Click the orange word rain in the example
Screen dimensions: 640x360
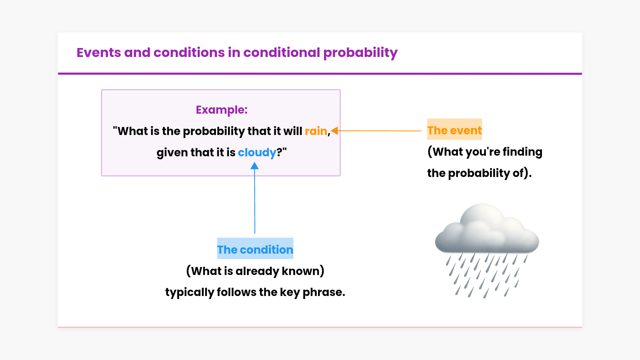click(x=316, y=131)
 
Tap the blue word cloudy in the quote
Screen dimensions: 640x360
click(x=257, y=152)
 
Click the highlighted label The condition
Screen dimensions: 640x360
click(x=255, y=249)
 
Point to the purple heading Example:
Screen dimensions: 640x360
click(x=222, y=110)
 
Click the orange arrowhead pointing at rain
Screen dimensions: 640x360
click(x=335, y=131)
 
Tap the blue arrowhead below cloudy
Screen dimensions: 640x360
click(x=255, y=166)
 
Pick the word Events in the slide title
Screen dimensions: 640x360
click(x=99, y=52)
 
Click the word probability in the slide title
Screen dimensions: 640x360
click(x=360, y=53)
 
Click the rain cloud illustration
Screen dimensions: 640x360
click(x=487, y=250)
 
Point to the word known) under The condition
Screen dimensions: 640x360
click(x=303, y=271)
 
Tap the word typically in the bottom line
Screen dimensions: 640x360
click(x=190, y=292)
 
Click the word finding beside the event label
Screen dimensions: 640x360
click(x=522, y=152)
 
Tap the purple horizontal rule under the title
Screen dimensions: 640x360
click(x=320, y=74)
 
